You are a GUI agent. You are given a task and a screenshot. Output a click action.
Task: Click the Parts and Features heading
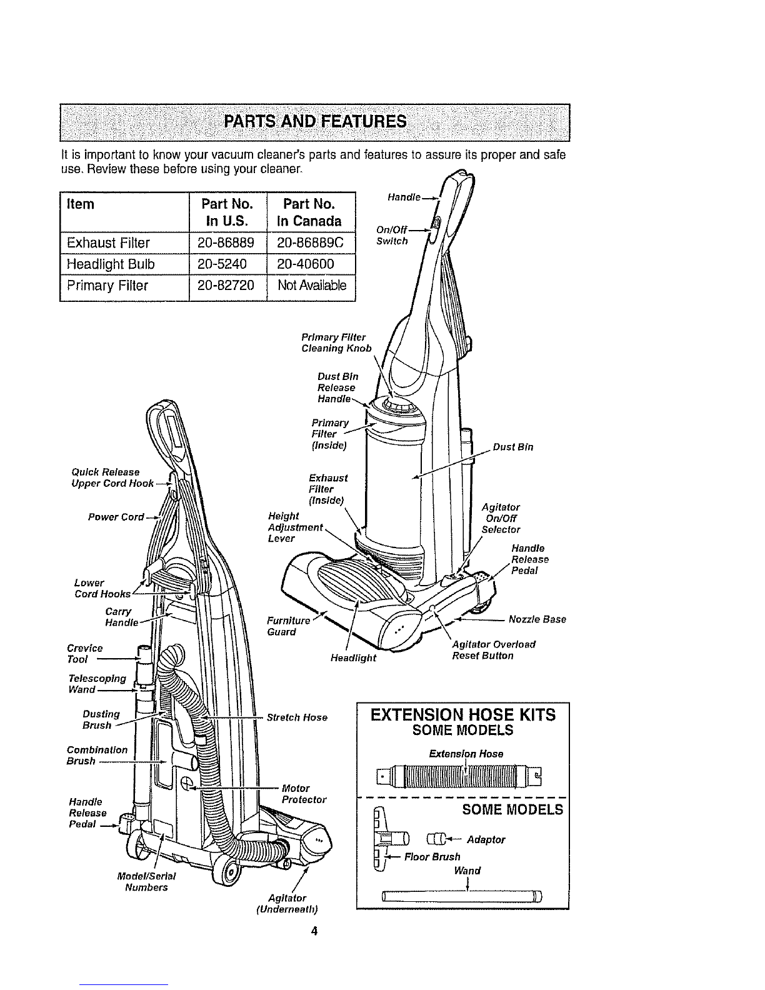[x=315, y=122]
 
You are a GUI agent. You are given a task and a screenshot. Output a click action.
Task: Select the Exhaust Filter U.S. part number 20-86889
[x=226, y=243]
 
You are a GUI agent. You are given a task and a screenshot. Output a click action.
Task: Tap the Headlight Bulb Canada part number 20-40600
[x=305, y=264]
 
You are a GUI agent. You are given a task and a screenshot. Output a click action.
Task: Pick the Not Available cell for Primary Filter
[x=312, y=286]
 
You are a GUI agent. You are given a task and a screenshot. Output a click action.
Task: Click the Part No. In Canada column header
[x=309, y=212]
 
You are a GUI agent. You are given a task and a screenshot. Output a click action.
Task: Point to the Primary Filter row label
[x=107, y=286]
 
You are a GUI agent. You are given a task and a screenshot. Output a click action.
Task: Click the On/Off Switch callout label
[x=391, y=236]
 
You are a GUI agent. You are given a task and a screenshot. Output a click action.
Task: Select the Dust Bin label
[x=513, y=447]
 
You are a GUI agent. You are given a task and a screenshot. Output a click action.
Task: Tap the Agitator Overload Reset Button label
[x=494, y=650]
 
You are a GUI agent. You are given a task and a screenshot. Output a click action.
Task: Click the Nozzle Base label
[x=537, y=619]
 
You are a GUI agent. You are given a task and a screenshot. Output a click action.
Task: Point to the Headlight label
[x=354, y=658]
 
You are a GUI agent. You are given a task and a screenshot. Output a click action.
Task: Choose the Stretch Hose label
[x=297, y=717]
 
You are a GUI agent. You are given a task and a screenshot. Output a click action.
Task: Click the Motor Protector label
[x=304, y=794]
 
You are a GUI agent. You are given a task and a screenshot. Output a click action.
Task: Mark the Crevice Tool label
[x=85, y=654]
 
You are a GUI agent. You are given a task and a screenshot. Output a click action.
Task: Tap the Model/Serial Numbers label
[x=146, y=882]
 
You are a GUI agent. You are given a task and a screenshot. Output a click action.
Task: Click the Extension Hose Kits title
[x=463, y=715]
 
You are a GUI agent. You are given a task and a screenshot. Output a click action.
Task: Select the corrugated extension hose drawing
[x=460, y=777]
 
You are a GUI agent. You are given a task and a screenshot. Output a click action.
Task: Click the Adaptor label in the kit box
[x=486, y=839]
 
